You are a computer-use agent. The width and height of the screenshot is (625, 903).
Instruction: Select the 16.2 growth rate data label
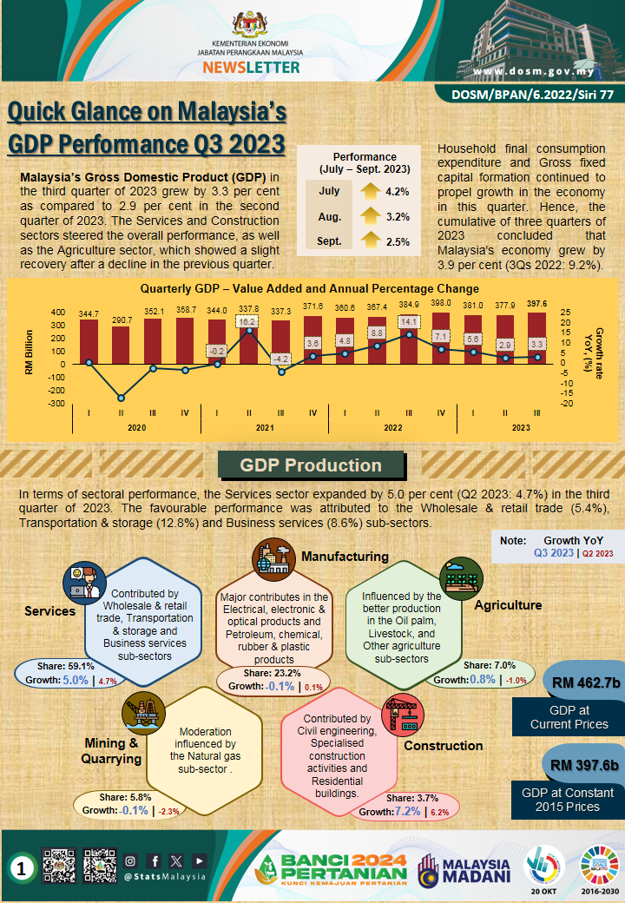coord(248,321)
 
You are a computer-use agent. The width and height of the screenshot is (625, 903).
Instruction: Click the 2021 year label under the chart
coord(265,427)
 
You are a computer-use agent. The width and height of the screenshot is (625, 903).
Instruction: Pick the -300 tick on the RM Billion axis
coord(56,404)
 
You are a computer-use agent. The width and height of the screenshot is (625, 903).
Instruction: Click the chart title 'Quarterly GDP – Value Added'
coord(310,288)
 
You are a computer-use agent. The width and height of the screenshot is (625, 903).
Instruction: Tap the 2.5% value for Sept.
coord(398,242)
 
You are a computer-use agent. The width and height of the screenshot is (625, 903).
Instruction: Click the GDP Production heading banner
coord(311,466)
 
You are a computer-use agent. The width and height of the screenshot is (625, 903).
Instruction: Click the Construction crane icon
coord(402,712)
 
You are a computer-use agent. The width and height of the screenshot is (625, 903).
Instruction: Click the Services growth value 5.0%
coord(75,681)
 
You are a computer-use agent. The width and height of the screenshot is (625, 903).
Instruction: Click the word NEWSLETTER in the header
coord(251,67)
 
